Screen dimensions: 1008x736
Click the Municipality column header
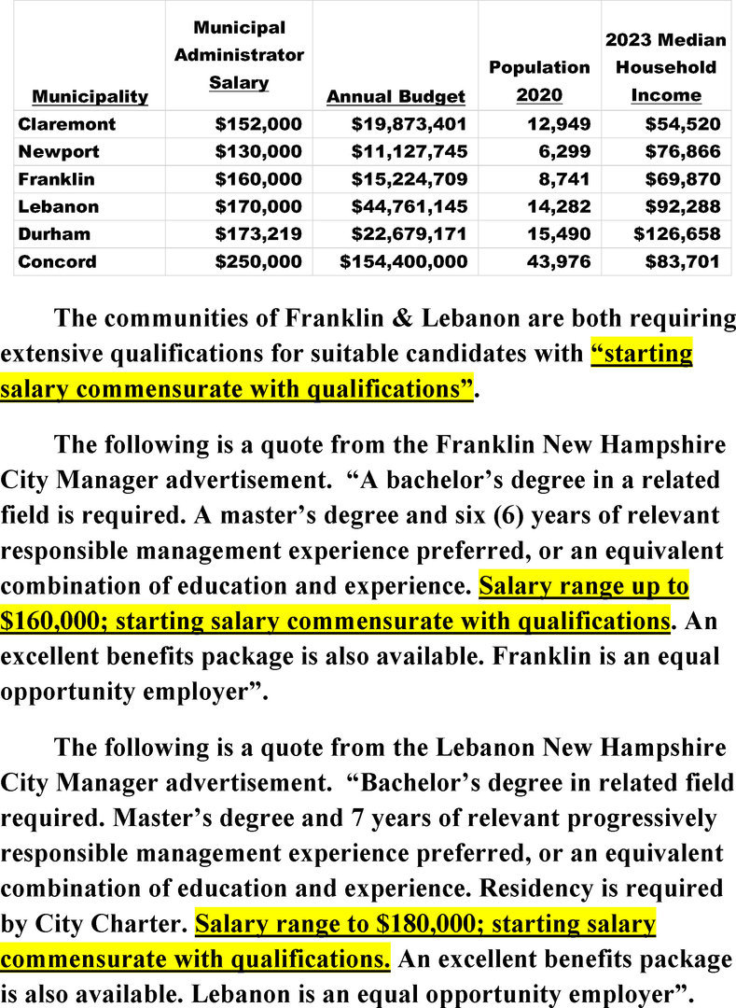tap(90, 96)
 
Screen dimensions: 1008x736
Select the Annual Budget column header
tap(396, 96)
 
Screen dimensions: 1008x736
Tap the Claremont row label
tap(66, 123)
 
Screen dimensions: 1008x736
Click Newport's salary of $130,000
tap(258, 151)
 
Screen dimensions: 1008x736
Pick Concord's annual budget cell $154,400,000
tap(403, 261)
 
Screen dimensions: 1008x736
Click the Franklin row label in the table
tap(56, 178)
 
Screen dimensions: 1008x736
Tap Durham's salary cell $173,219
tap(258, 233)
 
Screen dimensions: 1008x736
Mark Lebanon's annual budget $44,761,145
tap(409, 206)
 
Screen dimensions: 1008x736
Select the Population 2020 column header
tap(539, 81)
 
